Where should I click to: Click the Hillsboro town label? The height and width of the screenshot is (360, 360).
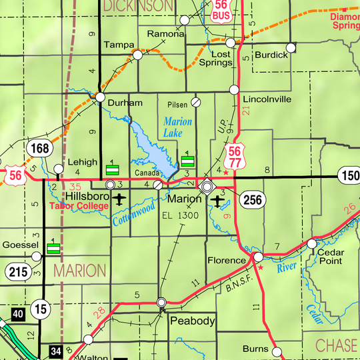click(86, 198)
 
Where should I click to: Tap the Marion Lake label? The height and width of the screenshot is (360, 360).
click(177, 127)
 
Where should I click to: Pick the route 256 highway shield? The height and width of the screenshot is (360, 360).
click(253, 199)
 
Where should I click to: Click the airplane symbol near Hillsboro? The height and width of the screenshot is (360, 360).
click(119, 199)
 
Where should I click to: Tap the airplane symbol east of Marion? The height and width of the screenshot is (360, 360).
click(219, 199)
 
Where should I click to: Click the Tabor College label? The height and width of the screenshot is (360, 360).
click(79, 207)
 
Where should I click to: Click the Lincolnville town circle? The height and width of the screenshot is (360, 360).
click(234, 89)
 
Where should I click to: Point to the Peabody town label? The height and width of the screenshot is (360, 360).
click(193, 321)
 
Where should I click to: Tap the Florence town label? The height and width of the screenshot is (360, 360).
click(227, 260)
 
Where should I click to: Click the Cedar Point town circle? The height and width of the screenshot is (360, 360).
click(311, 244)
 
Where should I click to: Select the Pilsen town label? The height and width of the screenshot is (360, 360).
click(177, 105)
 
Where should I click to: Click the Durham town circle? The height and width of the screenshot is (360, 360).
click(100, 97)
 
